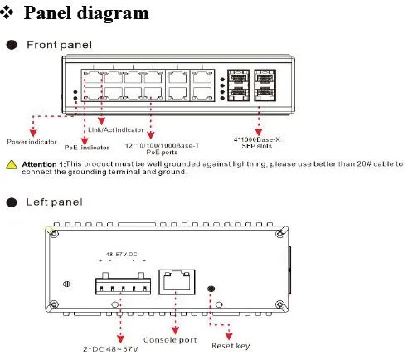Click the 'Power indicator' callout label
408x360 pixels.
pyautogui.click(x=32, y=142)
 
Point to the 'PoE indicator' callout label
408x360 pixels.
pyautogui.click(x=87, y=147)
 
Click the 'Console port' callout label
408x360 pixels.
pyautogui.click(x=171, y=339)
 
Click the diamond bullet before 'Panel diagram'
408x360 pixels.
pyautogui.click(x=12, y=13)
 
